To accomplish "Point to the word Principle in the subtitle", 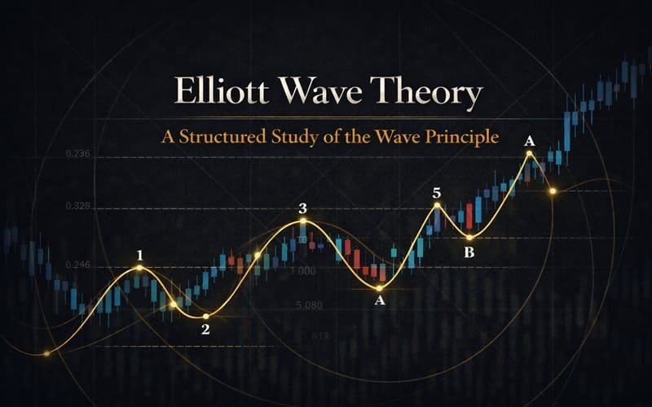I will pos(457,136).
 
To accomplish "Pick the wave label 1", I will pos(139,255).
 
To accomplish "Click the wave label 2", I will pos(205,329).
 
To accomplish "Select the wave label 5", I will pos(437,193).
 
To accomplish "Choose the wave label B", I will pos(469,252).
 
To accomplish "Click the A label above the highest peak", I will pos(529,140).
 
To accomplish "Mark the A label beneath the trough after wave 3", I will pos(378,301).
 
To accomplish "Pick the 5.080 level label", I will pos(310,305).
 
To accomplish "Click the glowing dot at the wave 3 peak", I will pos(302,221).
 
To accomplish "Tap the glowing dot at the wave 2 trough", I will pos(206,316).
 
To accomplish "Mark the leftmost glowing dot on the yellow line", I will pos(46,352).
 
